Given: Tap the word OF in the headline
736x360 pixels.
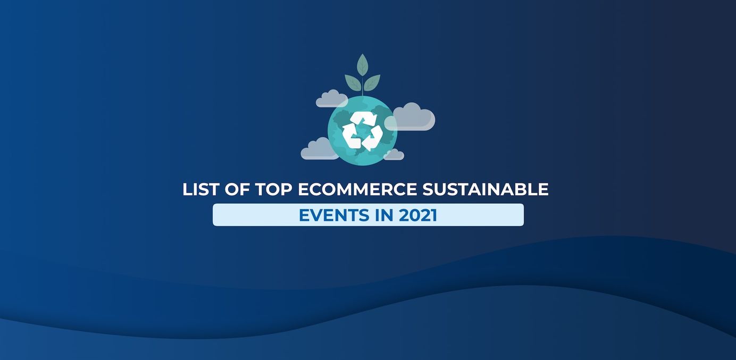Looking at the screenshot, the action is coord(237,189).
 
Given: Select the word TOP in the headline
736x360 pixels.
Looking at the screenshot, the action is coord(274,189).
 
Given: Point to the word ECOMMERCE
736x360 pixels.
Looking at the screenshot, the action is coord(357,189).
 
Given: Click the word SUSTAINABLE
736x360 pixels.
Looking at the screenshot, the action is coord(486,189).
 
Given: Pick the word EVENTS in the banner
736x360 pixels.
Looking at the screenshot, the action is coord(334,215).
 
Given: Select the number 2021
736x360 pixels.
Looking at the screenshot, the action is coord(418,215).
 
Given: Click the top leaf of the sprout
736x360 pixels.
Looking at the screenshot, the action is coord(362,65).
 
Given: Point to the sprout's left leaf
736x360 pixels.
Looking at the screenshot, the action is coord(353,83).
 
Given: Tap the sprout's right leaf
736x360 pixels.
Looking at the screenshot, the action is coord(372,83).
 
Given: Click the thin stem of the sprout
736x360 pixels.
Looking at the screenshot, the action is coord(362,86).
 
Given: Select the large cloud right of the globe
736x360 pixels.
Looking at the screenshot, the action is coord(411,118).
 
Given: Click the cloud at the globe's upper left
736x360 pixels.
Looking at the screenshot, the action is coord(331,99).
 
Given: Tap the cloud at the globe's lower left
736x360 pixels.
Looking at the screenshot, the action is coord(320,149).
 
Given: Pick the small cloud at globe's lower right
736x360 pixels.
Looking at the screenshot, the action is coord(394,155).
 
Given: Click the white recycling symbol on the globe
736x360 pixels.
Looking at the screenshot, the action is coord(362,131).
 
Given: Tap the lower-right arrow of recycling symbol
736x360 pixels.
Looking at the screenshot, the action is coord(374,138).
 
